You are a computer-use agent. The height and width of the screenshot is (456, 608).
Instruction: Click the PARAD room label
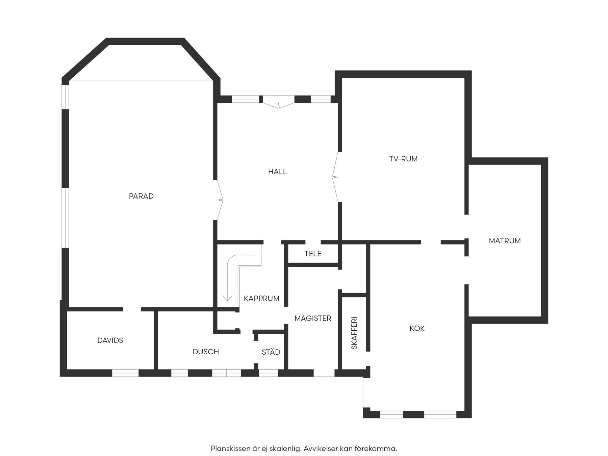pyautogui.click(x=141, y=196)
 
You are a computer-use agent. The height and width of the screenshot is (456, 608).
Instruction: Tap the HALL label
pyautogui.click(x=277, y=172)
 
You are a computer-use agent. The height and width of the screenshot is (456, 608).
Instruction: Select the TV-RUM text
pyautogui.click(x=403, y=159)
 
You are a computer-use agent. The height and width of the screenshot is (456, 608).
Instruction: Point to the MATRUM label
pyautogui.click(x=505, y=241)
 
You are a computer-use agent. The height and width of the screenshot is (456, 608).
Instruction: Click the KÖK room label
pyautogui.click(x=417, y=328)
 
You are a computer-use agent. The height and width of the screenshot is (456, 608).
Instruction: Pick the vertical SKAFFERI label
pyautogui.click(x=354, y=333)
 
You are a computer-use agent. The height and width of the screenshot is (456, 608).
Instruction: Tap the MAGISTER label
pyautogui.click(x=313, y=318)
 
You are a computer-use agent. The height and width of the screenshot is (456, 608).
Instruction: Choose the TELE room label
pyautogui.click(x=313, y=254)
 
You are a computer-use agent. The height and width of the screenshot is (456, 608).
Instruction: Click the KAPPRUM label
pyautogui.click(x=261, y=299)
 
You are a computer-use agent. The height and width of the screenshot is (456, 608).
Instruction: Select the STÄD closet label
pyautogui.click(x=271, y=352)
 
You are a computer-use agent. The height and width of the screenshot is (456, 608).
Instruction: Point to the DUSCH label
pyautogui.click(x=206, y=352)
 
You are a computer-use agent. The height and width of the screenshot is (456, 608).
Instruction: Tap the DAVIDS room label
pyautogui.click(x=110, y=340)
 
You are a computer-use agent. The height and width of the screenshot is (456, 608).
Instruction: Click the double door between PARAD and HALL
pyautogui.click(x=219, y=200)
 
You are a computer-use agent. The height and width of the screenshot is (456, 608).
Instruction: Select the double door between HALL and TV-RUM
pyautogui.click(x=335, y=177)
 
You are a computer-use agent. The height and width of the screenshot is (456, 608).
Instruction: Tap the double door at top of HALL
pyautogui.click(x=279, y=105)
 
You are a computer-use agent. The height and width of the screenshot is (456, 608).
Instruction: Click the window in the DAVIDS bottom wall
pyautogui.click(x=125, y=373)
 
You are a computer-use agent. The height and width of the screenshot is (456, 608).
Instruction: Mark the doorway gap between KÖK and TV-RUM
pyautogui.click(x=431, y=242)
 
